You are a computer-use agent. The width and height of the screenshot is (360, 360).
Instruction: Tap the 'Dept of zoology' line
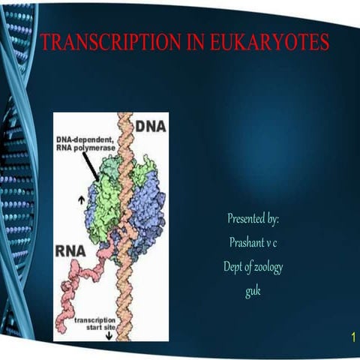[253, 267]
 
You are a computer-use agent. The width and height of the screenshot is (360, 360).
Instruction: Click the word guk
[253, 291]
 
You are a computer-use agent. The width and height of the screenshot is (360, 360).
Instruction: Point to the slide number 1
[352, 339]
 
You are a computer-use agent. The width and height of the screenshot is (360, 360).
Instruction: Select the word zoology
[267, 267]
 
